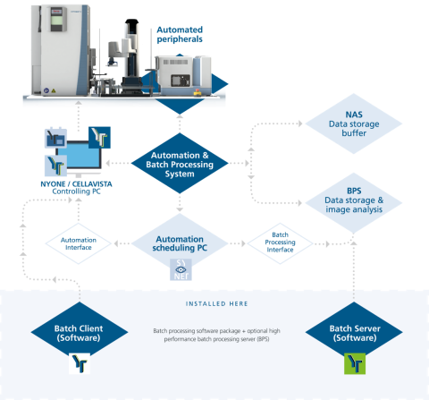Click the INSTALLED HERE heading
tap(214, 302)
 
